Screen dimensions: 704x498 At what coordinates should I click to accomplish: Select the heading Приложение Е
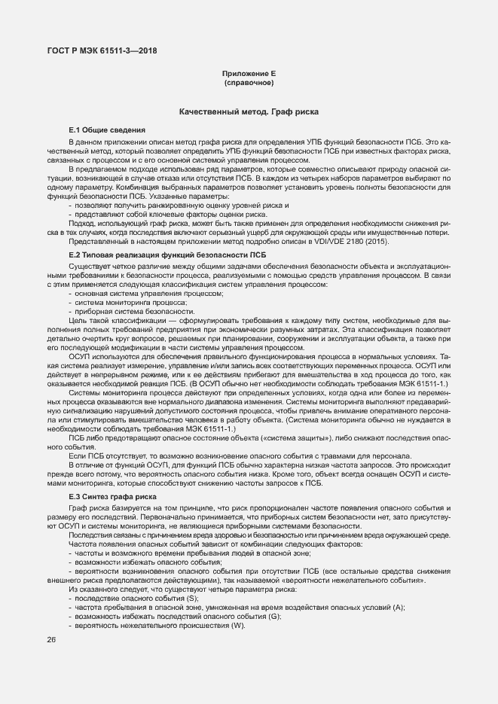pyautogui.click(x=248, y=73)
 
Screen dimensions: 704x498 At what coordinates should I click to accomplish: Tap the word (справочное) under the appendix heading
pyautogui.click(x=248, y=82)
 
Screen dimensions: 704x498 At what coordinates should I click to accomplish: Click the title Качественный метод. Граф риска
pyautogui.click(x=248, y=112)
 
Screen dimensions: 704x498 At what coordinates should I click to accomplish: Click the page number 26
pyautogui.click(x=52, y=639)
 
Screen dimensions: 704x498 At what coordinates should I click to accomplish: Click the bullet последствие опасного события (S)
pyautogui.click(x=131, y=598)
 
